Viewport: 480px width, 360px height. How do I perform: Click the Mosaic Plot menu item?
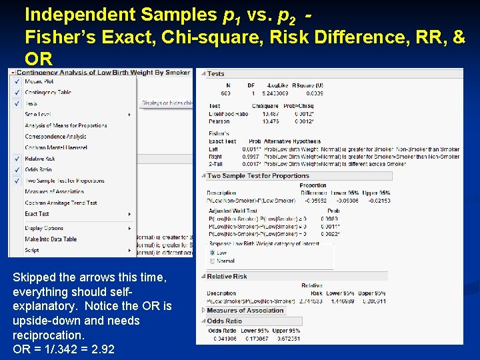coord(39,81)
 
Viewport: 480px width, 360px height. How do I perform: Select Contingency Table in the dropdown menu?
coord(48,93)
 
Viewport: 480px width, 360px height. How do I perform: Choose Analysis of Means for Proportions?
coord(65,125)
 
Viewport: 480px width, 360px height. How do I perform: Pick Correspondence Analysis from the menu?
coord(55,137)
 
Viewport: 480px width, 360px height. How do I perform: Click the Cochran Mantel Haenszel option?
coord(55,147)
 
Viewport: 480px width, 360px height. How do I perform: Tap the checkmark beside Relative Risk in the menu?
coord(16,159)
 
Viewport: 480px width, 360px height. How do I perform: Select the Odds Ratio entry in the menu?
coord(38,169)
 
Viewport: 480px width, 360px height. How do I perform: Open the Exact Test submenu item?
coord(37,214)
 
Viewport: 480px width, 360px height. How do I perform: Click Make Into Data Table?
coord(51,239)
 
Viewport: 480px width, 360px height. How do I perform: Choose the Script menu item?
coord(32,251)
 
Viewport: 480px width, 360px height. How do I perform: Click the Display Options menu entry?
coord(44,228)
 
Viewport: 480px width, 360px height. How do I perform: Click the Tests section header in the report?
coord(215,74)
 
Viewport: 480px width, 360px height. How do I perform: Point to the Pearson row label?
coord(219,121)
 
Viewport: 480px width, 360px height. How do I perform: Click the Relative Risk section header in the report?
coord(227,276)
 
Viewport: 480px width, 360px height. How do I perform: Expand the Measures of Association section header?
coord(245,310)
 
